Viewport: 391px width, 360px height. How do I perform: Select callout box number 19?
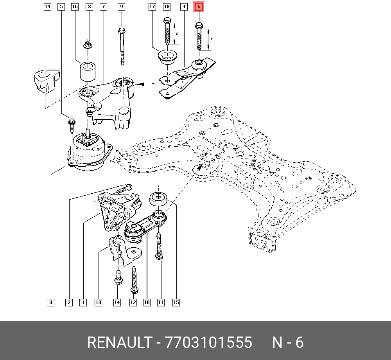pyautogui.click(x=47, y=7)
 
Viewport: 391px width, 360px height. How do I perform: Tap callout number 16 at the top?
pyautogui.click(x=75, y=7)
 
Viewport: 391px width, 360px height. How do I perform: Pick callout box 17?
pyautogui.click(x=152, y=7)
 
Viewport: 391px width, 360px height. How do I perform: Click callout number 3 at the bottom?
pyautogui.click(x=51, y=302)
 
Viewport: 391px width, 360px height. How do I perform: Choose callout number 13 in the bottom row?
pyautogui.click(x=98, y=302)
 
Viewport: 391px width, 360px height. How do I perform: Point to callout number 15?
pyautogui.click(x=176, y=302)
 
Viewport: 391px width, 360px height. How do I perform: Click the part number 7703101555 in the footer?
pyautogui.click(x=209, y=343)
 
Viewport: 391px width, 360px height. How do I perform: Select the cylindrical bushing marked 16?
pyautogui.click(x=88, y=70)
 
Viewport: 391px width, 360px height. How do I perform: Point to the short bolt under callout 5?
pyautogui.click(x=72, y=125)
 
